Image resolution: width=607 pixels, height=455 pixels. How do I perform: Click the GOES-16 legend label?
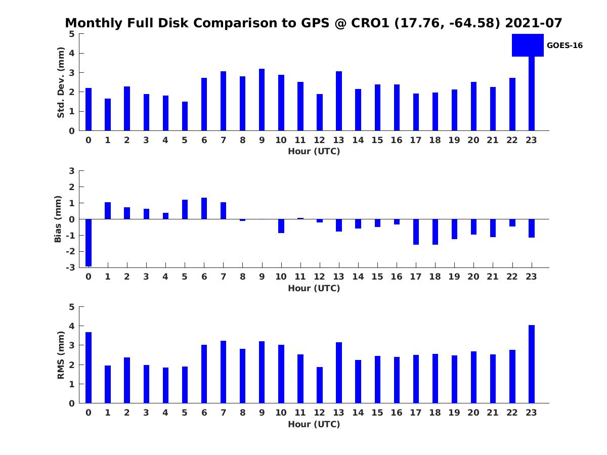[x=565, y=45]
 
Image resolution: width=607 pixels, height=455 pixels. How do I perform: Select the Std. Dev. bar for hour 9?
[x=262, y=100]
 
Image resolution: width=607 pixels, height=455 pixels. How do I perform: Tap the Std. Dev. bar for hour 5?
[x=185, y=116]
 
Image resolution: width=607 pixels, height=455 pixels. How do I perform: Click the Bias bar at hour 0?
[x=89, y=243]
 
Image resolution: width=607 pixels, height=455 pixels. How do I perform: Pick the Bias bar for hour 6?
[x=204, y=208]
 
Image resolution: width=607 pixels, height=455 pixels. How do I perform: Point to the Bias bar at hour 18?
[x=435, y=232]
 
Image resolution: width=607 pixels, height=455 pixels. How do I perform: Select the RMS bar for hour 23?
[x=532, y=364]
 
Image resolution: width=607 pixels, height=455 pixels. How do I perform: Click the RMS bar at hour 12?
[x=320, y=385]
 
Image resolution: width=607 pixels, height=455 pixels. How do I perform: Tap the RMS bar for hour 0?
[x=89, y=368]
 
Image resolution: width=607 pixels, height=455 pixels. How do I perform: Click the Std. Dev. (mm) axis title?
[x=61, y=82]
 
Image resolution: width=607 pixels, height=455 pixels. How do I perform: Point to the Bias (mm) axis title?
[x=58, y=219]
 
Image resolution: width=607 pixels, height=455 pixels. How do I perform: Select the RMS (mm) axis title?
[x=61, y=355]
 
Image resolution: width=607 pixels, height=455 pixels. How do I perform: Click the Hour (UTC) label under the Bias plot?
[x=314, y=288]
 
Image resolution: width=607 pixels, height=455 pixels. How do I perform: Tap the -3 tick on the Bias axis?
[x=71, y=267]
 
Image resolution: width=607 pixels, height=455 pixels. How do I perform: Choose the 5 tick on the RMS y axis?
[x=72, y=307]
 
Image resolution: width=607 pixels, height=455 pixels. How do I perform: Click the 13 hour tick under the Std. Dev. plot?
[x=338, y=140]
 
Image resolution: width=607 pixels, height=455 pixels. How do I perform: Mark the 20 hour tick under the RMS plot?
[x=473, y=413]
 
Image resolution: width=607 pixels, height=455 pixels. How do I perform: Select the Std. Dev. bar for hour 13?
[x=338, y=101]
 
